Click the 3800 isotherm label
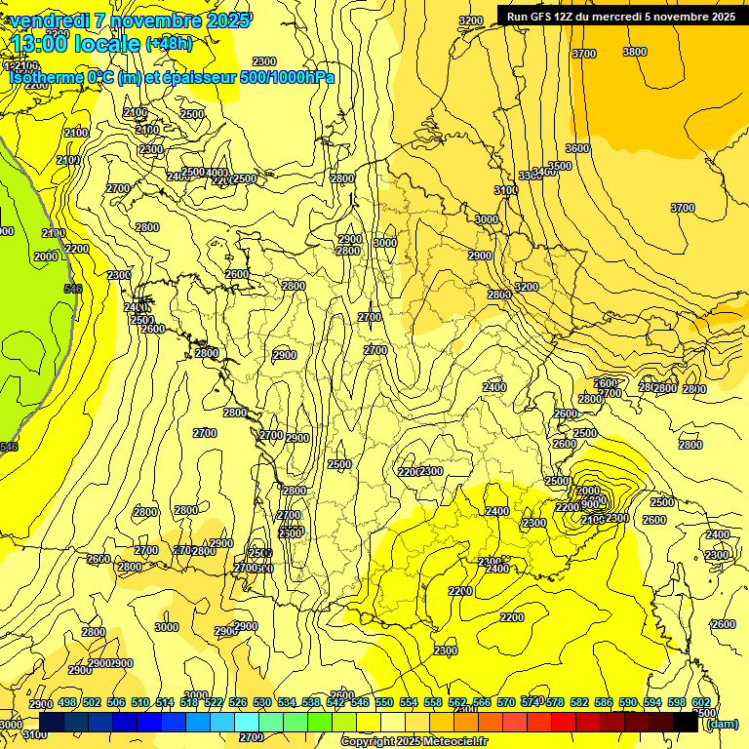coord(634,52)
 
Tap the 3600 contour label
coord(577,148)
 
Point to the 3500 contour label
coord(560,166)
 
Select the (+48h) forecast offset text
coord(169,43)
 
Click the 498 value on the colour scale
coord(67,702)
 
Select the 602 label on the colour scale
coord(701,702)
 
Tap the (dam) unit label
coord(722,723)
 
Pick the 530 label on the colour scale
coord(262,702)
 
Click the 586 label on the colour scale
coord(604,702)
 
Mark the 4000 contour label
coord(217,173)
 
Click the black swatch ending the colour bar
coord(685,723)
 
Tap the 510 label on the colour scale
coord(140,702)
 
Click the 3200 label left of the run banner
coord(470,20)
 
